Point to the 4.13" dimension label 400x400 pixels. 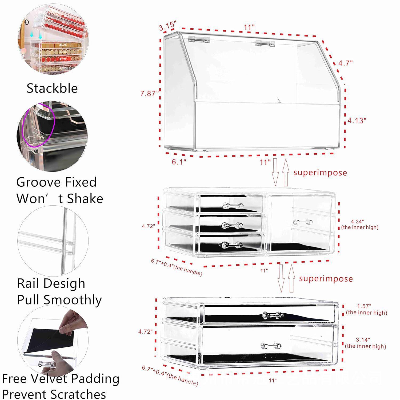pyautogui.click(x=357, y=121)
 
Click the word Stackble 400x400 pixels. pyautogui.click(x=52, y=88)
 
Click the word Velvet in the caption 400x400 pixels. pyautogui.click(x=54, y=379)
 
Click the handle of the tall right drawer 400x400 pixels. pyautogui.click(x=303, y=222)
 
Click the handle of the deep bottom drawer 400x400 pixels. pyautogui.click(x=271, y=346)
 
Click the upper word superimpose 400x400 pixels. pyautogui.click(x=320, y=173)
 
